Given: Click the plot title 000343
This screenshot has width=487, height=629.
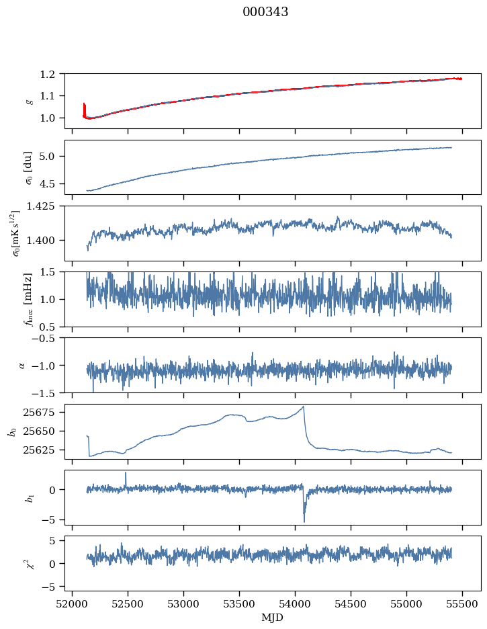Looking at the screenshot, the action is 265,12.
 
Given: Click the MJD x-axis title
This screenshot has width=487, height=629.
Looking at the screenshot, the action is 272,618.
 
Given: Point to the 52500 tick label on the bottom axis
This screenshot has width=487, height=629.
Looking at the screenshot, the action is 128,604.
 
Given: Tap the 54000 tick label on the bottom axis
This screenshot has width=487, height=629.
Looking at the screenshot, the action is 295,604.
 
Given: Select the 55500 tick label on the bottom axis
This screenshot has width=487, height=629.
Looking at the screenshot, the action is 462,604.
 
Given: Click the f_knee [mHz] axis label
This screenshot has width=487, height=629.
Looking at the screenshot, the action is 28,299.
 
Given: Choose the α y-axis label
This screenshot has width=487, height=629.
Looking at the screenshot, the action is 22,366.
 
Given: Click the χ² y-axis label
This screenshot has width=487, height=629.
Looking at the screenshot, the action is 28,564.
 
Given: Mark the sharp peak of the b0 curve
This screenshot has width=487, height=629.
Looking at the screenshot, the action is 304,407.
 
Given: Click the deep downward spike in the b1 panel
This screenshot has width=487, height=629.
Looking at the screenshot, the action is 304,521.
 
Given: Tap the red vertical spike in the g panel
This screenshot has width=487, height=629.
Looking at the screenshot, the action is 84,110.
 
